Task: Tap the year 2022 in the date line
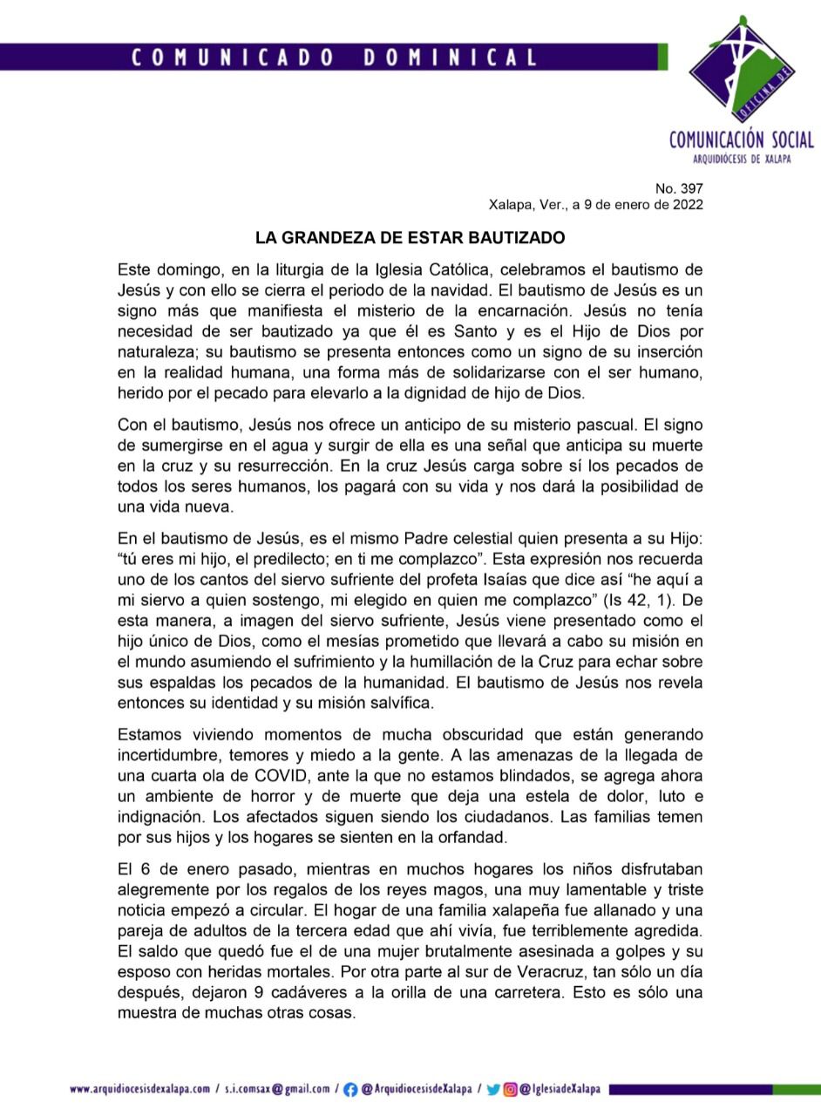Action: click(x=684, y=205)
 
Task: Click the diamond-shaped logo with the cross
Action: click(x=740, y=71)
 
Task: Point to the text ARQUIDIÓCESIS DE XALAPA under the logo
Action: click(x=742, y=159)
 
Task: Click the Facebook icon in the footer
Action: click(x=349, y=1089)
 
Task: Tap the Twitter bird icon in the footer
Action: click(x=493, y=1089)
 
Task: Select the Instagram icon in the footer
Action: click(x=511, y=1089)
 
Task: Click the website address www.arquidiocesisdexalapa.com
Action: click(x=139, y=1089)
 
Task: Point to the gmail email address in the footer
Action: click(x=277, y=1089)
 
